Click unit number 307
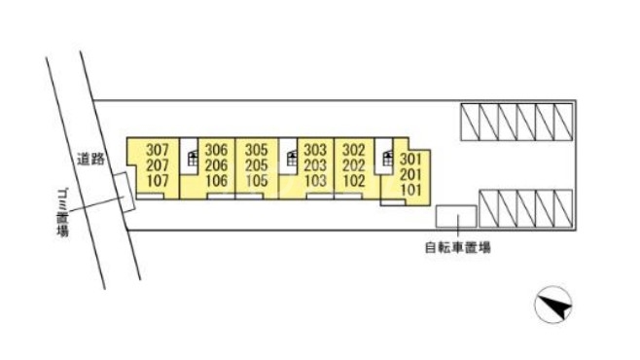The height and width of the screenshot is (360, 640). point(158,150)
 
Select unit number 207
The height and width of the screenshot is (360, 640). point(158,165)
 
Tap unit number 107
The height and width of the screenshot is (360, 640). point(158,181)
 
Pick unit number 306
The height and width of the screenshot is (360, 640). point(217,150)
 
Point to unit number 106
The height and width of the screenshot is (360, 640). point(217,181)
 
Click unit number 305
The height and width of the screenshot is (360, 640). point(257,150)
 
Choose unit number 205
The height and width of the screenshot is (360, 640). point(257,165)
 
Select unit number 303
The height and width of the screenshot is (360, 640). point(315,150)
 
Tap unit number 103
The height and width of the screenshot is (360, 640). point(315,181)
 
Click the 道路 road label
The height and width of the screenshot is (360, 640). point(91,157)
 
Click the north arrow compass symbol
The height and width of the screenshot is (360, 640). point(553,308)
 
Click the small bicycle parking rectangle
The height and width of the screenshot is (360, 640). point(452,217)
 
